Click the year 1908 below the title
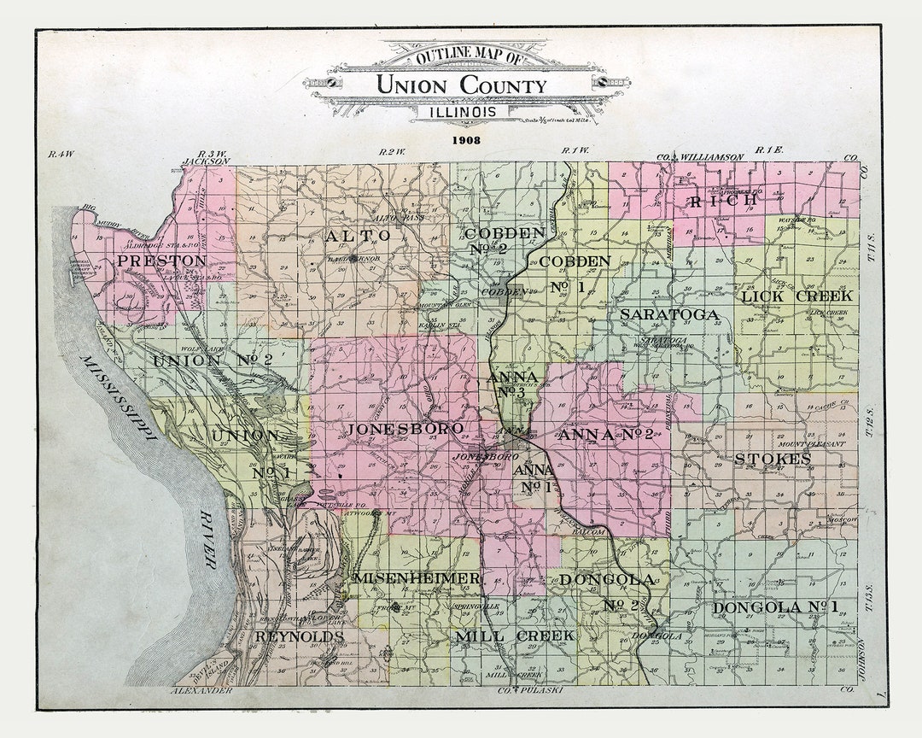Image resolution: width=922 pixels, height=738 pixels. [x=467, y=139]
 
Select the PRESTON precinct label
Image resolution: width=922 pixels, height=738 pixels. [x=161, y=261]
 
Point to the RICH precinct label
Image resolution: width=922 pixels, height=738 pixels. [x=723, y=202]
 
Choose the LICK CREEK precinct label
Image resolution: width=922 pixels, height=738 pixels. [x=796, y=296]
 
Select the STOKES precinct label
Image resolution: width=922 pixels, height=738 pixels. [x=773, y=460]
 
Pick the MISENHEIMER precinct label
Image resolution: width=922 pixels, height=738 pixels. [x=417, y=579]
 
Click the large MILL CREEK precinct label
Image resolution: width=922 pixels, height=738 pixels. [x=514, y=636]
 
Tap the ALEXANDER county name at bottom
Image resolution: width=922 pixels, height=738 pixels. [x=201, y=689]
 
